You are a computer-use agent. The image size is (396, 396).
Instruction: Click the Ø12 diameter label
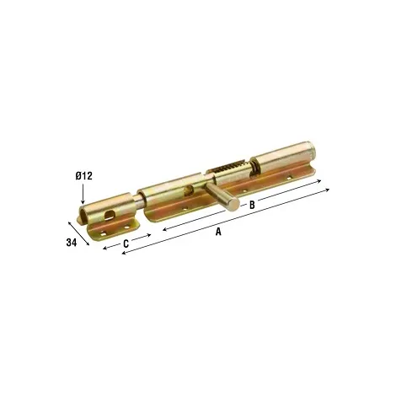tap(83, 176)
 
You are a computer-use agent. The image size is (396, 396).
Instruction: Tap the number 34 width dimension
tap(72, 242)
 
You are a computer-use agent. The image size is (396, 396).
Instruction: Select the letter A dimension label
tap(218, 232)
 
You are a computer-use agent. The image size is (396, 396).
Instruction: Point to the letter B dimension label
tap(252, 205)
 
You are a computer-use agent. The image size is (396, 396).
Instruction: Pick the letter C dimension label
tap(126, 243)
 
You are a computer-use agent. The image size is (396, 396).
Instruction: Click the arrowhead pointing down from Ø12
tap(83, 201)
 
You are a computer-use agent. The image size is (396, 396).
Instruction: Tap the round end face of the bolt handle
tap(233, 203)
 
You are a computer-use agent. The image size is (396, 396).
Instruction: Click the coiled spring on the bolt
tap(228, 167)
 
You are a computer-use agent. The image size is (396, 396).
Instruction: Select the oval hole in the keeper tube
tap(110, 215)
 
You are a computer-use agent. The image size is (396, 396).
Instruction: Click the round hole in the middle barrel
tap(187, 191)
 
